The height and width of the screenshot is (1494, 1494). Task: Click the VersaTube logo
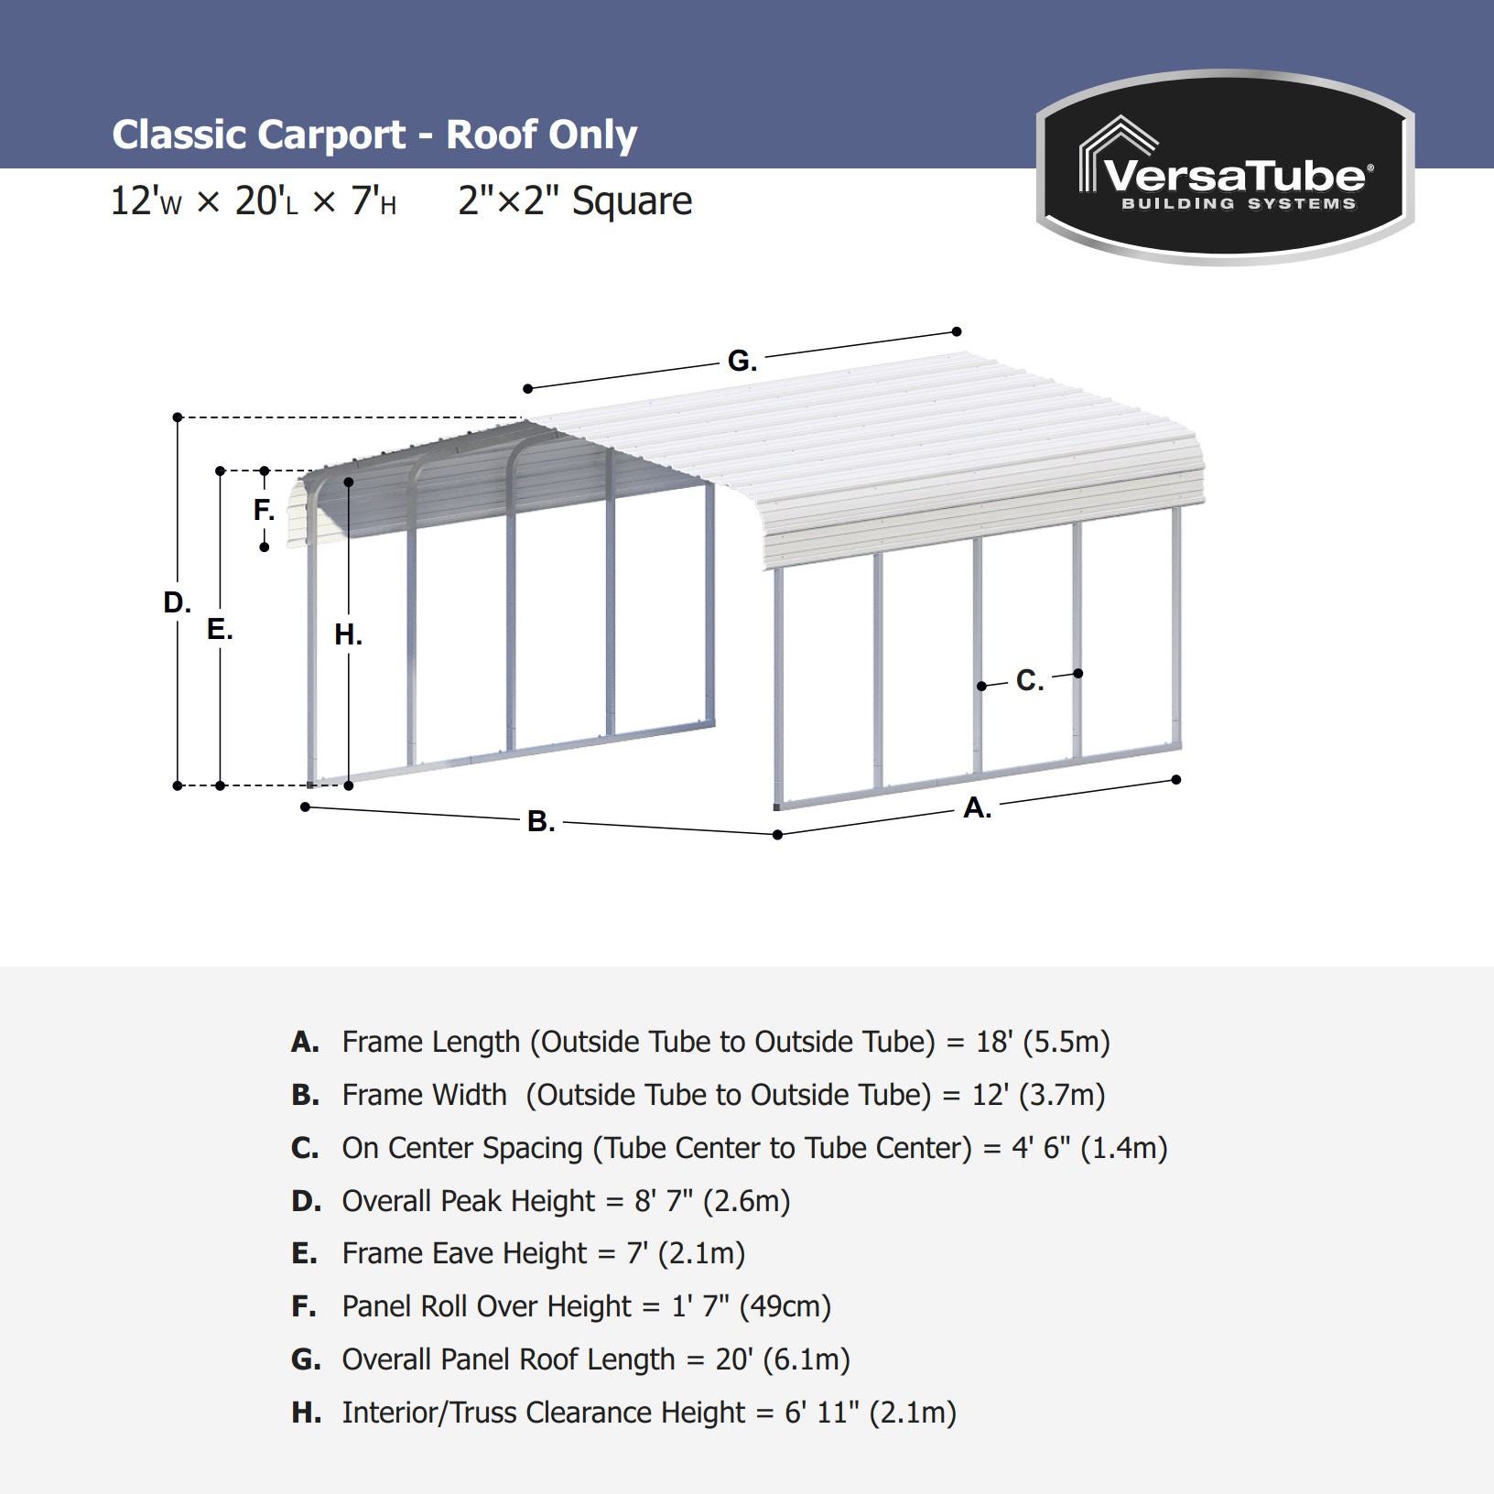[x=1225, y=168]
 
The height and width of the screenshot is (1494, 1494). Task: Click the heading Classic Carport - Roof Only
[x=374, y=135]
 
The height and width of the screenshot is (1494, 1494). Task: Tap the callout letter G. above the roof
[x=742, y=361]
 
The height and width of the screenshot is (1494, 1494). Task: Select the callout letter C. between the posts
[x=1029, y=680]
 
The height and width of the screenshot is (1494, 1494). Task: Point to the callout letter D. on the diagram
[x=177, y=602]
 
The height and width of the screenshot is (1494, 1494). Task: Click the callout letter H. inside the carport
[x=348, y=634]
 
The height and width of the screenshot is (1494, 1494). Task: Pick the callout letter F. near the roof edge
[x=264, y=510]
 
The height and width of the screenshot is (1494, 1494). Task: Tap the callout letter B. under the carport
[x=541, y=821]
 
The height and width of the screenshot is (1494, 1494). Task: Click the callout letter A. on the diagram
[x=977, y=807]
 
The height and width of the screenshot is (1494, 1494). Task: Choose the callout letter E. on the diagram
[x=220, y=629]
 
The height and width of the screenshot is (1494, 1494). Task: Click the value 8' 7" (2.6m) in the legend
[x=712, y=1201]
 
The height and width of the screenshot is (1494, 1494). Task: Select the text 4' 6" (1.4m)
[x=1089, y=1148]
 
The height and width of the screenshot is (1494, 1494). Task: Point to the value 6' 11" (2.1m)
[x=871, y=1413]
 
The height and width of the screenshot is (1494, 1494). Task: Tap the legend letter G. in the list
[x=306, y=1359]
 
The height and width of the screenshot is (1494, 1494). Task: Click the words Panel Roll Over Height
[x=486, y=1306]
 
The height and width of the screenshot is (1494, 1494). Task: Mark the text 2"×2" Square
[x=575, y=200]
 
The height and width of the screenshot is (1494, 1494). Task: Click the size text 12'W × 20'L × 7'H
[x=254, y=200]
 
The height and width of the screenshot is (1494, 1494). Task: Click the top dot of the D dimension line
[x=178, y=417]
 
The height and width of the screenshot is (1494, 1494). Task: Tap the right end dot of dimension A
[x=1176, y=780]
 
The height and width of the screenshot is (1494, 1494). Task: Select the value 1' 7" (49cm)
[x=752, y=1306]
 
